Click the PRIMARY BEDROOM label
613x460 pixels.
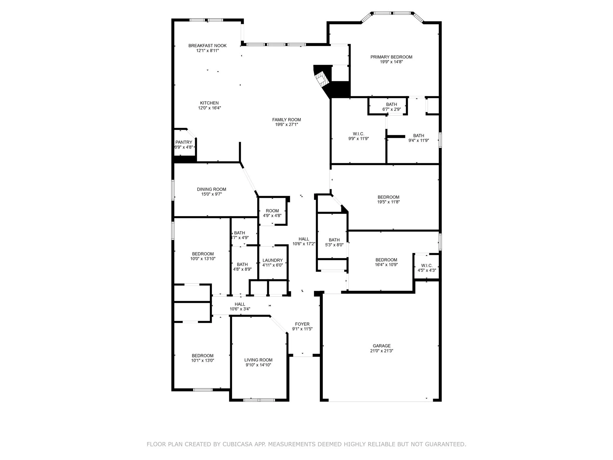(x=391, y=57)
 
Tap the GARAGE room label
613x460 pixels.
(x=381, y=346)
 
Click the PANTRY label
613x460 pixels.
(x=184, y=142)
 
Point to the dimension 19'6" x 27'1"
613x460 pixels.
(x=286, y=125)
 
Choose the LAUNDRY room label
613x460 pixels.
(x=272, y=260)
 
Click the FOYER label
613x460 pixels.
(x=302, y=324)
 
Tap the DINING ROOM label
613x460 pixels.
(x=211, y=189)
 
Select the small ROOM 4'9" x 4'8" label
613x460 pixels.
(x=272, y=211)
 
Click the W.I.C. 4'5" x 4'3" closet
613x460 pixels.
(x=427, y=267)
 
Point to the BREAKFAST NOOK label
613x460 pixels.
(x=207, y=46)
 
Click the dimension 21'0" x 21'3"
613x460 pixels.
(x=381, y=351)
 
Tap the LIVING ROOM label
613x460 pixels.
(x=258, y=360)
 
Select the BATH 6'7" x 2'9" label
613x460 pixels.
(x=391, y=105)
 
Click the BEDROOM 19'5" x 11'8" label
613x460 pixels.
(x=388, y=197)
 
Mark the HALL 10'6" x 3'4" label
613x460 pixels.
(x=240, y=304)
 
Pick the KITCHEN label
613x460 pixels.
(x=209, y=103)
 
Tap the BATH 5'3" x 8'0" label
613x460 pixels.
(x=334, y=240)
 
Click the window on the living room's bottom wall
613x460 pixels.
(x=259, y=400)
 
